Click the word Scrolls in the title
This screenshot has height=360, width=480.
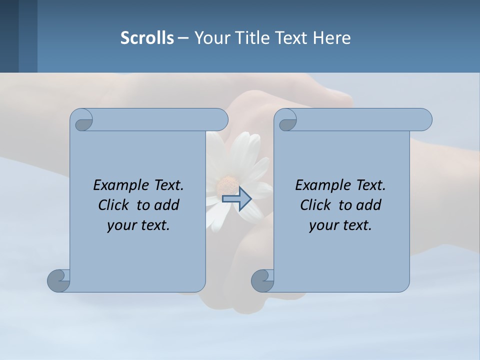[x=147, y=38]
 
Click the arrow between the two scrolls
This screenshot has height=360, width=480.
[x=237, y=198]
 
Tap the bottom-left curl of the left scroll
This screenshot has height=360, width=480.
[x=58, y=280]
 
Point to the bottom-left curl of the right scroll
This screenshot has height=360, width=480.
[x=262, y=280]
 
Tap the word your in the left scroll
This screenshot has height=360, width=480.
[x=120, y=225]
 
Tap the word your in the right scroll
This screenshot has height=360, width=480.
[x=322, y=225]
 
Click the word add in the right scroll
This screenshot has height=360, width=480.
[x=369, y=205]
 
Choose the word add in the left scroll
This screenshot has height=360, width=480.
[x=167, y=205]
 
